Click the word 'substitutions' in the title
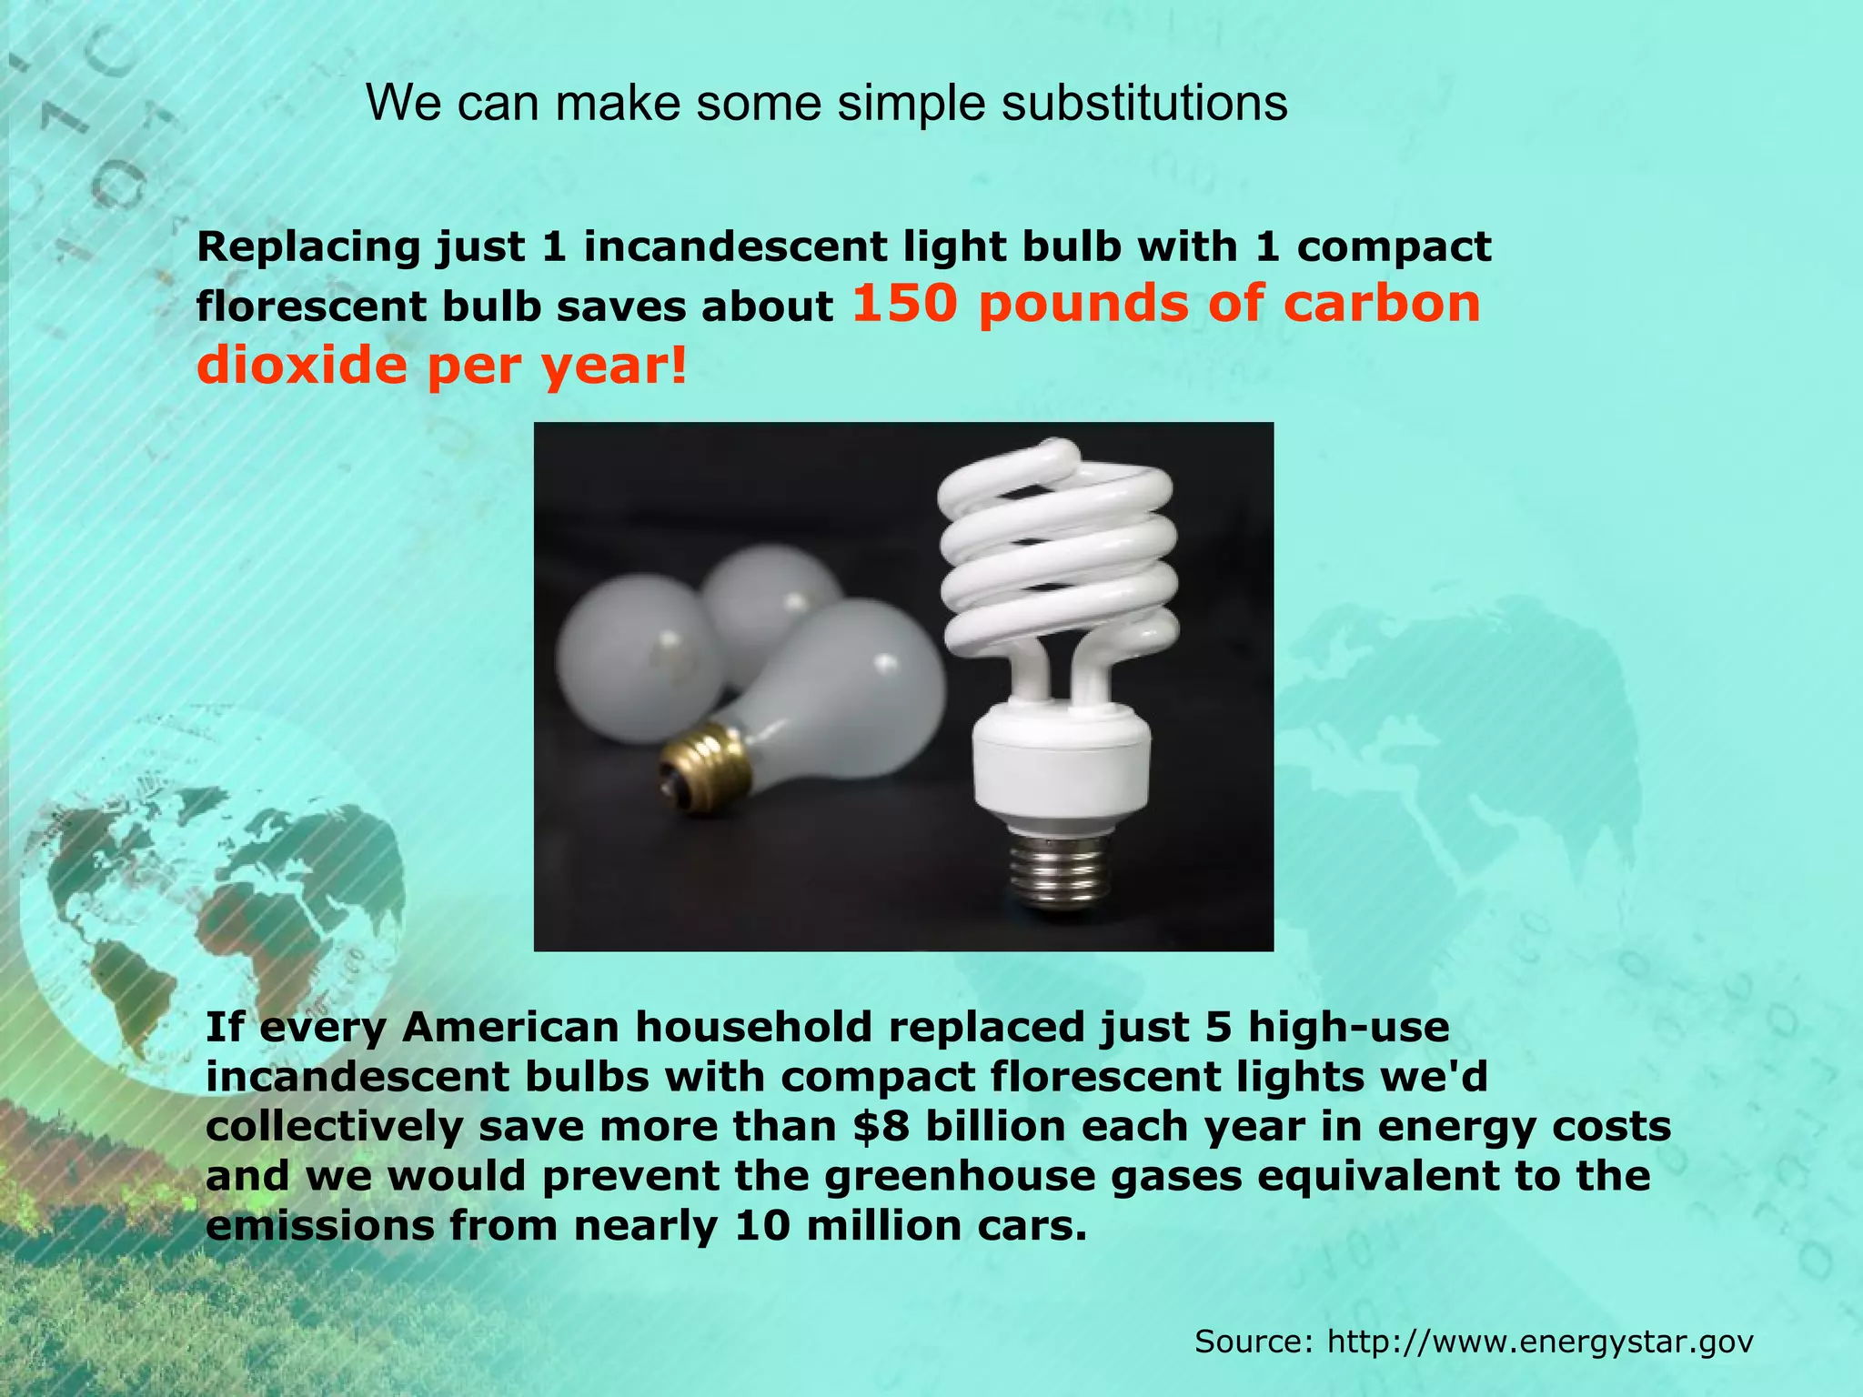1143,103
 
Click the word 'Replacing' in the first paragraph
308,247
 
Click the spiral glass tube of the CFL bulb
1055,555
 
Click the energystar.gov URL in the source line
1540,1342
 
